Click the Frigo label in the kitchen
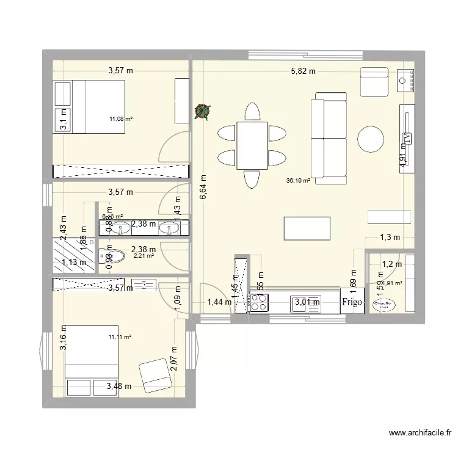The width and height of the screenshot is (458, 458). coord(352,302)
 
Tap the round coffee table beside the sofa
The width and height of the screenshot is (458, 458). coord(372,139)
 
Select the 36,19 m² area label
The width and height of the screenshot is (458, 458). coord(298,180)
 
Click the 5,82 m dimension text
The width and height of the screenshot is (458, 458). coord(303,71)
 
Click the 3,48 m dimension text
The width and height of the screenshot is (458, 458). coord(118,386)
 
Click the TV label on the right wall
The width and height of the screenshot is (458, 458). coord(407,138)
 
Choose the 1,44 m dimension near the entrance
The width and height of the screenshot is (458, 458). coord(219,301)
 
